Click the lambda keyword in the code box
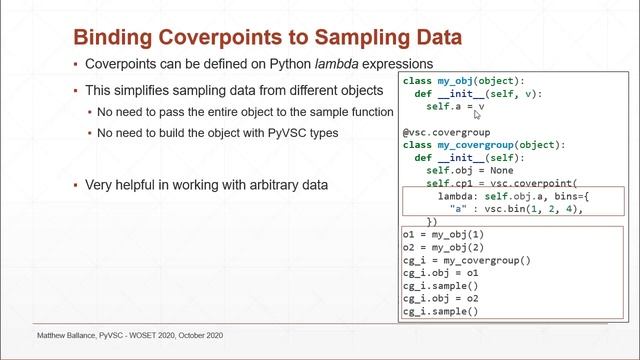click(x=444, y=197)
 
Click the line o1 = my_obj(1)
click(x=445, y=234)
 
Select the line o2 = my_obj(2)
click(x=445, y=247)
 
